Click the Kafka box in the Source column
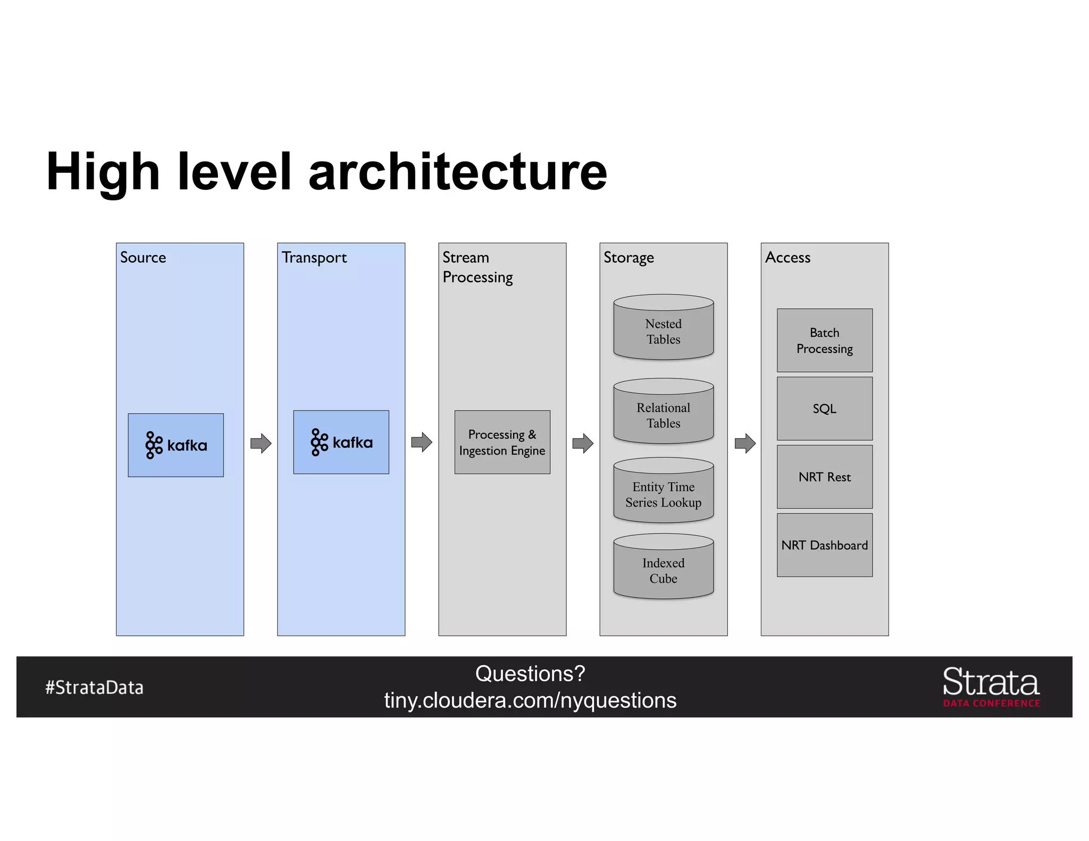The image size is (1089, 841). [x=175, y=445]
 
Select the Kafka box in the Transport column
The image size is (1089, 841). [x=341, y=442]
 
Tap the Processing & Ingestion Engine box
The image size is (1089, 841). [x=502, y=442]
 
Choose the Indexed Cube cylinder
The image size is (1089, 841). [x=663, y=568]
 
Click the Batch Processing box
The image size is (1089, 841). [x=824, y=340]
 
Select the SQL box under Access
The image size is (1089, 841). [x=824, y=408]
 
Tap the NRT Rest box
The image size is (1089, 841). [x=824, y=477]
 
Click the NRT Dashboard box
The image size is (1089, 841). [x=824, y=545]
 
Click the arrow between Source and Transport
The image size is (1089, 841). [x=261, y=443]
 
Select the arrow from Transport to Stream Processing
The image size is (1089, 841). [x=422, y=442]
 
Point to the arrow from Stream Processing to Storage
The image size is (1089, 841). [x=583, y=443]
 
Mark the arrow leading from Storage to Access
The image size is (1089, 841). [x=745, y=443]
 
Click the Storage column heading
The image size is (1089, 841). [x=629, y=258]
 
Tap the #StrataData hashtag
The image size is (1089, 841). [x=94, y=687]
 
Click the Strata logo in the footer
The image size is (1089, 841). [x=991, y=686]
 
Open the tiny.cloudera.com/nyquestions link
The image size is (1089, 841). [x=530, y=701]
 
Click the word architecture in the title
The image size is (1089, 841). [x=457, y=172]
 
